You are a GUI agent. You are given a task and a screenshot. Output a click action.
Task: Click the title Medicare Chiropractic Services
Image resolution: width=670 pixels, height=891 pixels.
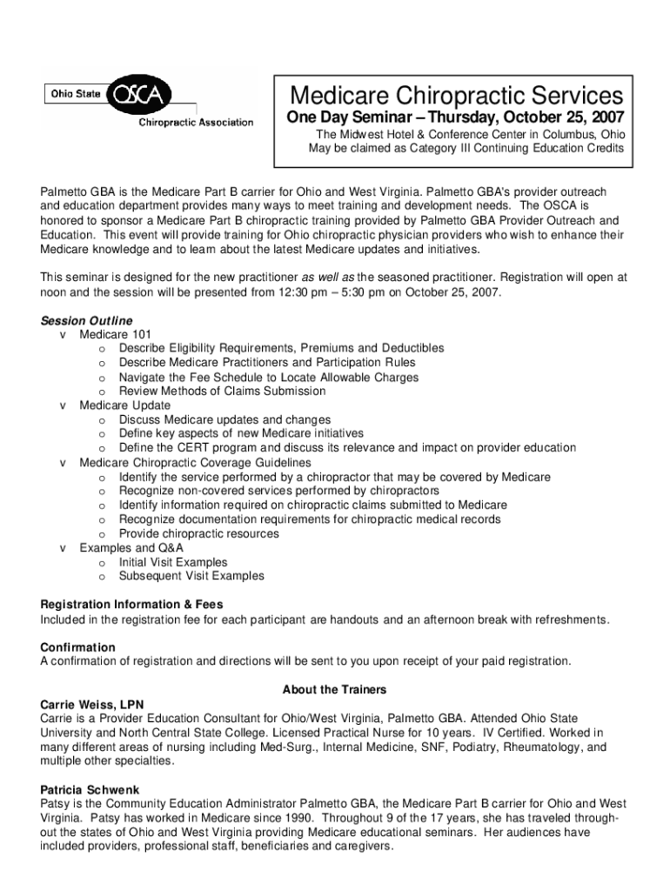tap(456, 95)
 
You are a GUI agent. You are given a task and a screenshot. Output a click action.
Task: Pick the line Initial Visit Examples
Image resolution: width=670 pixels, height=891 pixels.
tap(173, 562)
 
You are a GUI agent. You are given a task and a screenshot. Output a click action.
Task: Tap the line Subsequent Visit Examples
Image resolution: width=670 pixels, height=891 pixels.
tap(191, 576)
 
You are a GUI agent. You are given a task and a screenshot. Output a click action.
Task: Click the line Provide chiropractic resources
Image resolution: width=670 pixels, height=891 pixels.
tap(199, 533)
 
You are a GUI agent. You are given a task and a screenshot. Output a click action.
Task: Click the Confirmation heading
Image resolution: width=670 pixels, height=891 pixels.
tap(78, 647)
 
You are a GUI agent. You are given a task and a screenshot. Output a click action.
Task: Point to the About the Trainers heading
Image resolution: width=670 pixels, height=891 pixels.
tap(334, 690)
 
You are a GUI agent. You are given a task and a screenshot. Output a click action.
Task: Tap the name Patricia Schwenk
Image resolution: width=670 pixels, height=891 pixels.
tap(90, 789)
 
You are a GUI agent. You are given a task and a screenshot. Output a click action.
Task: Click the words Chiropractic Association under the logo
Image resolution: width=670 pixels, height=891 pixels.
tap(197, 123)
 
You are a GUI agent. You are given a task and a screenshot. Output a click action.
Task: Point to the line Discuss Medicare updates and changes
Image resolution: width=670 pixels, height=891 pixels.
tap(224, 419)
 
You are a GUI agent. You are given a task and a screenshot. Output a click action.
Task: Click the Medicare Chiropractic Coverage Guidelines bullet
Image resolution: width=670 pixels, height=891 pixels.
tap(195, 462)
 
